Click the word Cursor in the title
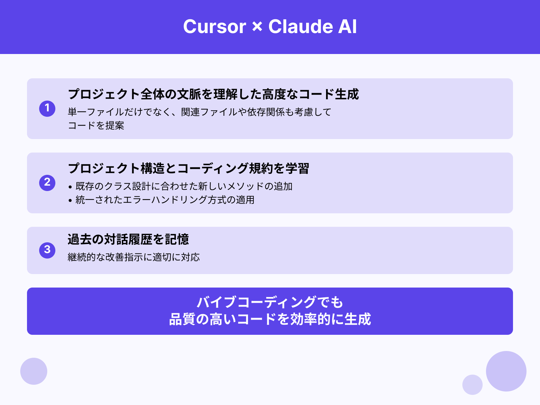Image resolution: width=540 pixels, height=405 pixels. (215, 27)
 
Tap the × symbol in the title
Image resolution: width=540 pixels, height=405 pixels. (257, 27)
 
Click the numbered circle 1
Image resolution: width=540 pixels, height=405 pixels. (47, 108)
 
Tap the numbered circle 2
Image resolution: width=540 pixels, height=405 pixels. (47, 183)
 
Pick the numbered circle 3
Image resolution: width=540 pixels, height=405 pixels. (47, 250)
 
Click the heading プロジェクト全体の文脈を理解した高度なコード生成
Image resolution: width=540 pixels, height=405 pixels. (213, 94)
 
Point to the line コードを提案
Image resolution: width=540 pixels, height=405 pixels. (96, 126)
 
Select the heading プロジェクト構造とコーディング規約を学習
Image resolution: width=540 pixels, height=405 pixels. (188, 168)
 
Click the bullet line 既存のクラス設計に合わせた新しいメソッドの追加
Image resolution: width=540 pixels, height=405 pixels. (184, 186)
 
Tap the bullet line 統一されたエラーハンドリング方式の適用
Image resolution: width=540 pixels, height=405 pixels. (165, 200)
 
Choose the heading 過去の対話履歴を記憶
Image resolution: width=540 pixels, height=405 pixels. (128, 239)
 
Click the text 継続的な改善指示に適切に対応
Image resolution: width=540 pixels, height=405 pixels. (134, 257)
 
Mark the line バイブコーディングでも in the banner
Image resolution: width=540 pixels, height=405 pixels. (270, 302)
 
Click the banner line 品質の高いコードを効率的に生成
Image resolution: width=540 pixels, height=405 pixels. (270, 319)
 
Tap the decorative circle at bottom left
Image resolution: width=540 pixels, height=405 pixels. (34, 371)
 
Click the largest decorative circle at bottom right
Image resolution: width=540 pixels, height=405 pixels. (506, 371)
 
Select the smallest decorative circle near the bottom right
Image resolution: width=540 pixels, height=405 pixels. (472, 385)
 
